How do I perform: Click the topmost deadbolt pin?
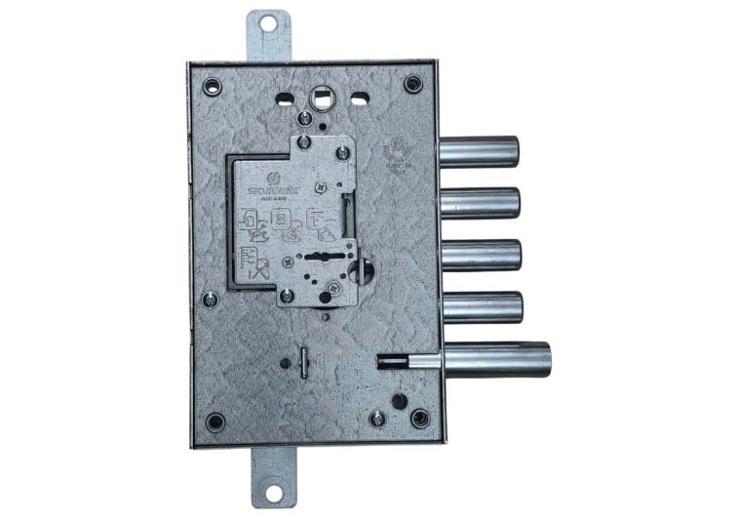click(x=478, y=152)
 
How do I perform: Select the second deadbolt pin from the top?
click(x=479, y=203)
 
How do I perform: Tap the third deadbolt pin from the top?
click(x=480, y=254)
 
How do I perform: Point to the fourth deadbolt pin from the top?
click(x=481, y=306)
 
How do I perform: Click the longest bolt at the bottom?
click(x=496, y=359)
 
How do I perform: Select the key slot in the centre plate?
click(x=318, y=258)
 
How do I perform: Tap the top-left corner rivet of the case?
click(x=213, y=86)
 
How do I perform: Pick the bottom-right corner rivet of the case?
click(x=420, y=418)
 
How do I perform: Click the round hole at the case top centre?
click(x=322, y=98)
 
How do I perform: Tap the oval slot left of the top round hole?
click(x=285, y=99)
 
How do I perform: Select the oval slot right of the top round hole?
click(x=360, y=98)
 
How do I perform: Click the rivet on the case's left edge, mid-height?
click(x=210, y=300)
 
